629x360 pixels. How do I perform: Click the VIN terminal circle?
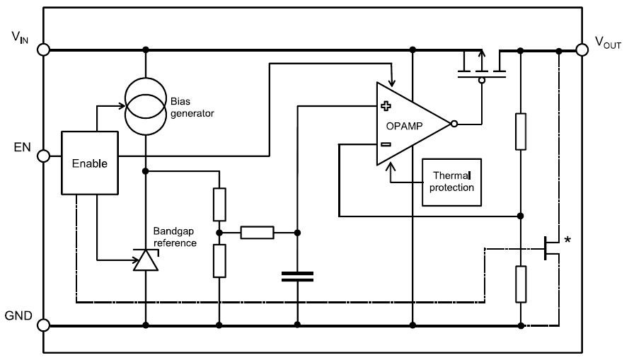pyautogui.click(x=44, y=50)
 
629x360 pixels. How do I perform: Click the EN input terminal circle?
pyautogui.click(x=44, y=156)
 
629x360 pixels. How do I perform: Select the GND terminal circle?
pyautogui.click(x=44, y=325)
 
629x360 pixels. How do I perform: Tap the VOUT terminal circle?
pyautogui.click(x=582, y=50)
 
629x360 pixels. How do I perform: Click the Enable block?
pyautogui.click(x=90, y=162)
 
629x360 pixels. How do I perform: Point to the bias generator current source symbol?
pyautogui.click(x=146, y=103)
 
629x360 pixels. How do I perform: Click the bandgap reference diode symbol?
pyautogui.click(x=146, y=261)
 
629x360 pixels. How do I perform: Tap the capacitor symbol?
pyautogui.click(x=297, y=277)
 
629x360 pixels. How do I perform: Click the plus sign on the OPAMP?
pyautogui.click(x=386, y=107)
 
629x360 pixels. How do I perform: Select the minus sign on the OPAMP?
pyautogui.click(x=386, y=144)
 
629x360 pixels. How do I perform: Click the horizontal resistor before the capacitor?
pyautogui.click(x=258, y=231)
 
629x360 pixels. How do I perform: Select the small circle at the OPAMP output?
pyautogui.click(x=454, y=124)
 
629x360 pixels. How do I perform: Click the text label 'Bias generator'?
pyautogui.click(x=191, y=107)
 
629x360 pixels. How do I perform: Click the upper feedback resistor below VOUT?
pyautogui.click(x=520, y=131)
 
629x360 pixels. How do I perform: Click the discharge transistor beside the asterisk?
pyautogui.click(x=549, y=248)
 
